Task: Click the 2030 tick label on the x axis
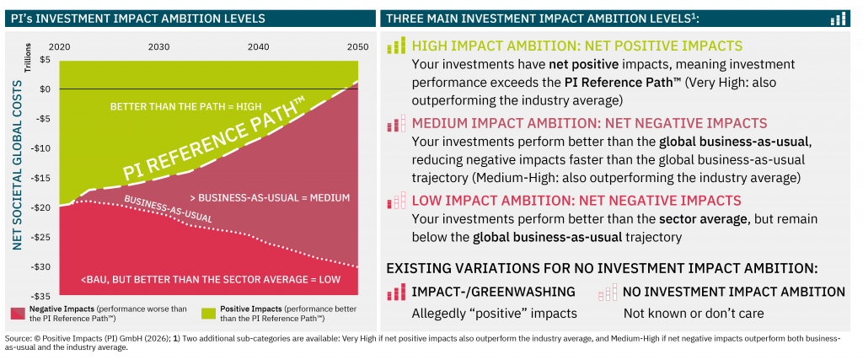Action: pyautogui.click(x=158, y=47)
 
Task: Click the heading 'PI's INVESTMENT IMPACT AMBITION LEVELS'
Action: pyautogui.click(x=137, y=18)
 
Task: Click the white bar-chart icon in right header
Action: pyautogui.click(x=838, y=18)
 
